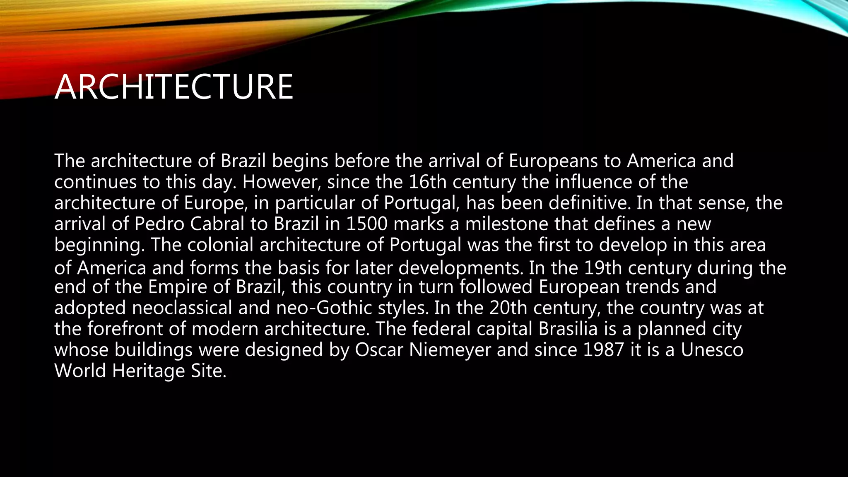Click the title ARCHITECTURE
pyautogui.click(x=174, y=87)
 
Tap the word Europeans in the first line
pyautogui.click(x=553, y=161)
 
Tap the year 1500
pyautogui.click(x=366, y=224)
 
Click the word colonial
pyautogui.click(x=220, y=245)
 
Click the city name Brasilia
pyautogui.click(x=568, y=329)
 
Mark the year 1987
pyautogui.click(x=603, y=350)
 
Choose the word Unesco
pyautogui.click(x=712, y=350)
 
